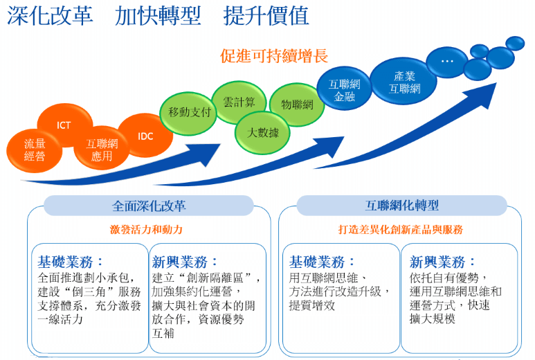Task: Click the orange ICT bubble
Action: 65,125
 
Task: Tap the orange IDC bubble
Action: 146,136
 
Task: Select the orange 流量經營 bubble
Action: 35,150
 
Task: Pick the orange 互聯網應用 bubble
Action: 101,148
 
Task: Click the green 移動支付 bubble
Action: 188,113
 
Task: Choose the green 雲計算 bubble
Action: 239,102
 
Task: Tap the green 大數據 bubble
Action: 262,132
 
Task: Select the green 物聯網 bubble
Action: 297,105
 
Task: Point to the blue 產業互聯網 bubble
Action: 404,81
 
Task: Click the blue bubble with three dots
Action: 447,62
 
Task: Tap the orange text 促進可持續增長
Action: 274,56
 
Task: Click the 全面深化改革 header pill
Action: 149,206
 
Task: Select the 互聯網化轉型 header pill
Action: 401,206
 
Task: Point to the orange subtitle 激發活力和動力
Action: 146,230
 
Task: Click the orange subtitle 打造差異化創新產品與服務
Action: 401,230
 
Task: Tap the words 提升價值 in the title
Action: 266,16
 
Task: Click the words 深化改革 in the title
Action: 50,16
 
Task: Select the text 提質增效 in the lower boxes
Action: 312,305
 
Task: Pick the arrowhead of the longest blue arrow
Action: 484,95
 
